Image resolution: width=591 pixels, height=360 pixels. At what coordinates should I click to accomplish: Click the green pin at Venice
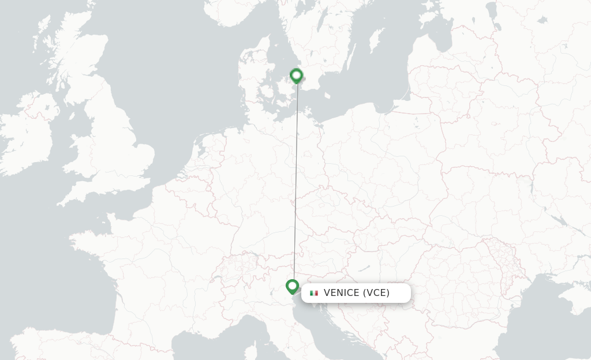click(x=292, y=286)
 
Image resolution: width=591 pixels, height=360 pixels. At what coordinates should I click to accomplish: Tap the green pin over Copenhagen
click(x=296, y=76)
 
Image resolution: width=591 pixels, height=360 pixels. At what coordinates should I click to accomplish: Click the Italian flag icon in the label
click(x=314, y=293)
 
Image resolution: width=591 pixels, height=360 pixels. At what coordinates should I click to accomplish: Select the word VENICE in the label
click(x=341, y=293)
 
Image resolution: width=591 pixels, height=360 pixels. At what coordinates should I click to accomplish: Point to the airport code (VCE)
click(x=376, y=293)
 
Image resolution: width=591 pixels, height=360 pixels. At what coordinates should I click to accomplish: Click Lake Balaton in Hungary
click(x=363, y=268)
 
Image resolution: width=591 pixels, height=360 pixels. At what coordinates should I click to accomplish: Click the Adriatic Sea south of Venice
click(x=323, y=323)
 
